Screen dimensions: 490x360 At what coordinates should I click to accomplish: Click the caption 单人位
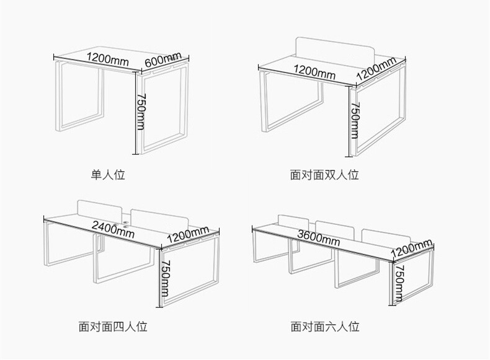109,175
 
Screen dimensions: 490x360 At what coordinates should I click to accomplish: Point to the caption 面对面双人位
324,175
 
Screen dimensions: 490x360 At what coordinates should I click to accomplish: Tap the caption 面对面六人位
324,325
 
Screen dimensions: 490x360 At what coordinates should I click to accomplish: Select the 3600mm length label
318,235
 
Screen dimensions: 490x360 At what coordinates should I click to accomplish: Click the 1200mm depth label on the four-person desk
187,235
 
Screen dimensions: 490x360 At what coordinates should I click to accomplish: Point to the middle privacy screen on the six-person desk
335,229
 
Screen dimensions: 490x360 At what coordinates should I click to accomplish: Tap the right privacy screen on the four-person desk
160,218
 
